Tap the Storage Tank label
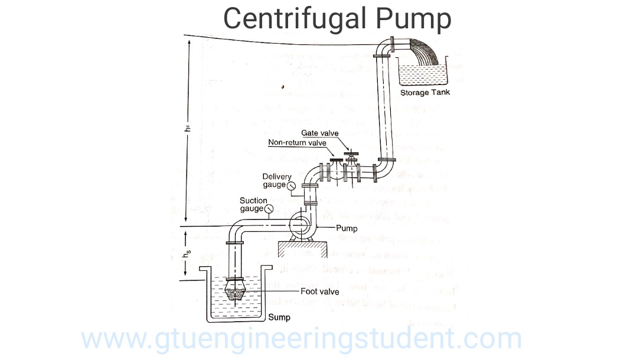(x=425, y=93)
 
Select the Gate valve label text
(x=319, y=133)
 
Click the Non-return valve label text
(x=297, y=143)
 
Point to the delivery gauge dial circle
(x=291, y=186)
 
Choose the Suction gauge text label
(x=253, y=204)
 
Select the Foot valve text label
(x=320, y=291)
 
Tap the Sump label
(x=279, y=318)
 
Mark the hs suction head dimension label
(x=188, y=255)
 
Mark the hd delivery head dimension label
(x=188, y=130)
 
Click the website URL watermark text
(x=301, y=339)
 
